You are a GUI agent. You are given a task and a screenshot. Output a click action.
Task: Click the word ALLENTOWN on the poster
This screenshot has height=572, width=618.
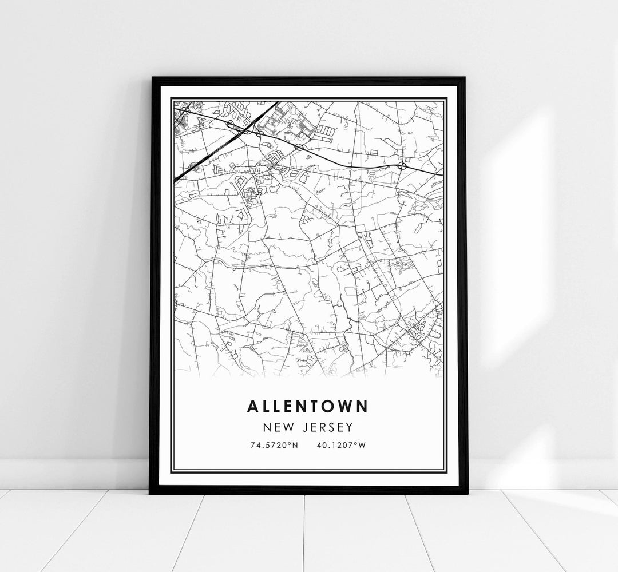[308, 406]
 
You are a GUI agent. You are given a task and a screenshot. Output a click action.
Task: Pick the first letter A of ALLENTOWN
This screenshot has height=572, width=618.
[252, 406]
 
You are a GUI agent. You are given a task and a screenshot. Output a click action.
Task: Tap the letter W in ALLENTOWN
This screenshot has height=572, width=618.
[343, 406]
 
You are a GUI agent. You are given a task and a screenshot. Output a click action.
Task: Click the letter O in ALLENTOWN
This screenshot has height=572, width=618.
[328, 406]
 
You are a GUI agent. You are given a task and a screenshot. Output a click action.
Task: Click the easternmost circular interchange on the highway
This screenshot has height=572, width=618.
[402, 165]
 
